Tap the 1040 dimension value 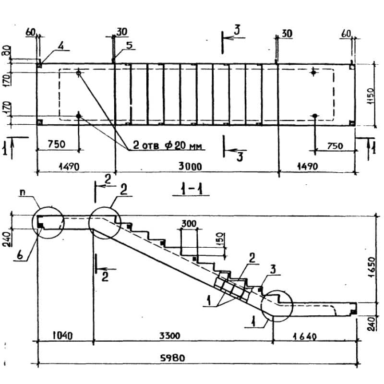point(61,336)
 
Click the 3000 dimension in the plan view point(190,167)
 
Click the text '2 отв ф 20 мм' point(168,146)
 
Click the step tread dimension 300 point(190,224)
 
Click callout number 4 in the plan point(60,46)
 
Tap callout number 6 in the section point(21,255)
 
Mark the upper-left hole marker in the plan point(79,73)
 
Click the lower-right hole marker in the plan point(314,116)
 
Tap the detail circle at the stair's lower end point(276,305)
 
